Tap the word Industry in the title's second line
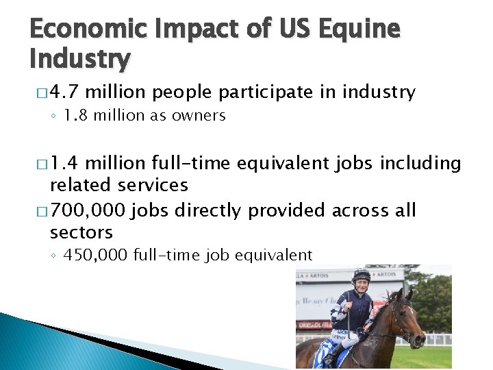click(x=79, y=60)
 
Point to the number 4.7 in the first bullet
click(x=67, y=92)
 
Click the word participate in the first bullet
click(x=253, y=92)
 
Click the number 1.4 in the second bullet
click(x=67, y=164)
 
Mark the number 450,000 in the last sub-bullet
click(x=95, y=256)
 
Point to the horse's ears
click(x=405, y=295)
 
